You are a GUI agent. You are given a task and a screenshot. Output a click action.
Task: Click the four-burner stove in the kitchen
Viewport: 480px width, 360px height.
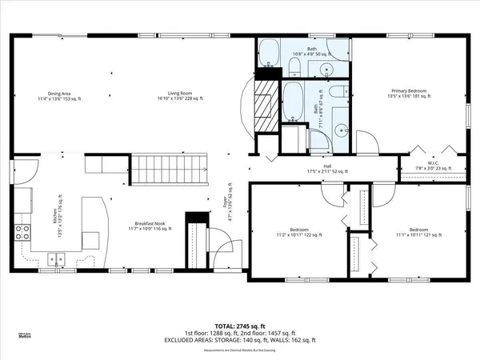click(22, 232)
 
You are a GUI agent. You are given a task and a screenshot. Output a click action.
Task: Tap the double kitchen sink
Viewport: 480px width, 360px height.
click(57, 258)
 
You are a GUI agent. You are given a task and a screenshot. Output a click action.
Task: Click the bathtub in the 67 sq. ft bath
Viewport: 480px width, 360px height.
click(293, 100)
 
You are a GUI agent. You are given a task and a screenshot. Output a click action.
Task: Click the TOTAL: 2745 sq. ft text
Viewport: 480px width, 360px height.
click(240, 326)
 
